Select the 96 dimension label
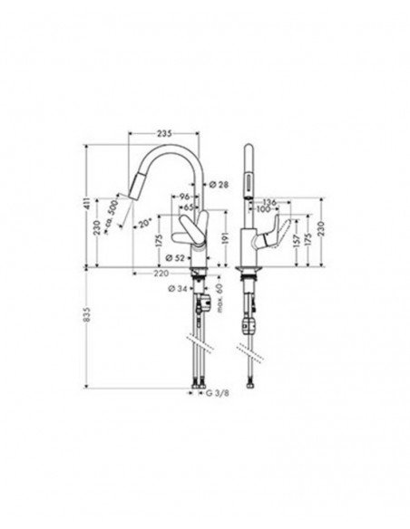point(185,197)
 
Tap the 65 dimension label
point(187,207)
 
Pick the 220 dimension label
point(160,271)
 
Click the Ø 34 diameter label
point(178,290)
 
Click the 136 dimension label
point(269,202)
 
